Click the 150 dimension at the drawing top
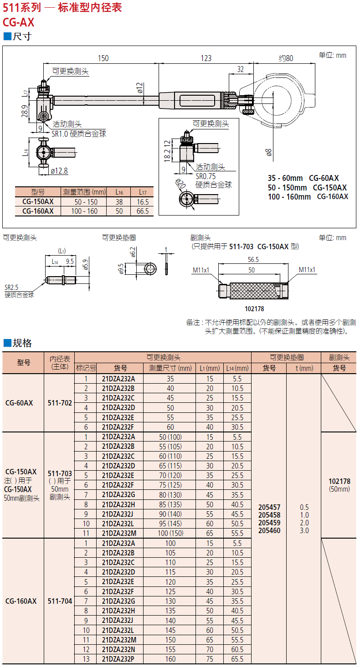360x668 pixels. (x=103, y=58)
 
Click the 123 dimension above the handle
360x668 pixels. (x=206, y=58)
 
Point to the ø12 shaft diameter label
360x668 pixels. (x=140, y=87)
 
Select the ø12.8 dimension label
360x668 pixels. (x=59, y=171)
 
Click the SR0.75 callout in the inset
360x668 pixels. (x=206, y=176)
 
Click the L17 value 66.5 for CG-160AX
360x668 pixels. (x=143, y=211)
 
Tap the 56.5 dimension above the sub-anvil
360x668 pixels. (x=253, y=259)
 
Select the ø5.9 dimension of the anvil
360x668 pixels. (x=85, y=265)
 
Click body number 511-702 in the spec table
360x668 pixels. (x=60, y=403)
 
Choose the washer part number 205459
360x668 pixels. (x=269, y=523)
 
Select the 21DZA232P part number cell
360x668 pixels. (x=118, y=659)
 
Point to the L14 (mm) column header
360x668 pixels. (x=237, y=368)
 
